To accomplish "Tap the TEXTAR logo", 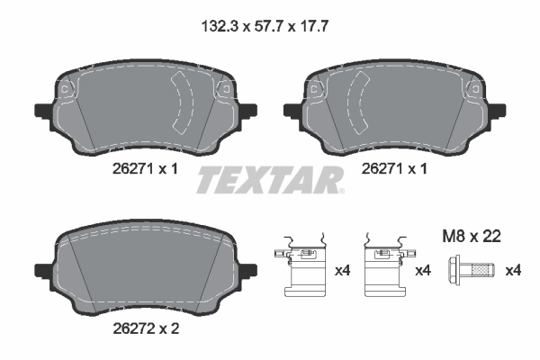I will coord(270,180).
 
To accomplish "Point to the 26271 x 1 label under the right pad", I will coord(392,169).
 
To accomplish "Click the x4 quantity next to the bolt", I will coord(513,270).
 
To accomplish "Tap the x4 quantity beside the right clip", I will coord(422,270).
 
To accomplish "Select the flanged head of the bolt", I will coord(455,269).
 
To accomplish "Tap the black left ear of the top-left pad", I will coord(41,112).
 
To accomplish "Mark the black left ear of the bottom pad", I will coord(41,270).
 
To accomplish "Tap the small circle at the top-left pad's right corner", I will coord(222,87).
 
